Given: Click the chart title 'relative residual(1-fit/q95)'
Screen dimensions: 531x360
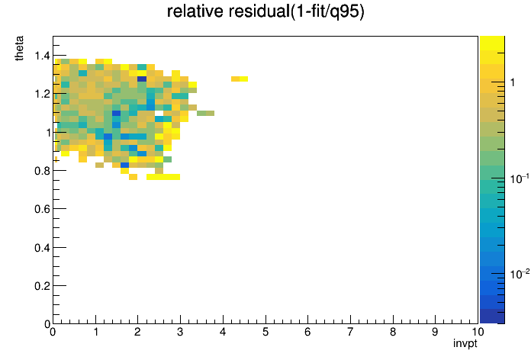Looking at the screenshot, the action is coord(265,11).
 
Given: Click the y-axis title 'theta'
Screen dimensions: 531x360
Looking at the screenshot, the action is coord(19,48).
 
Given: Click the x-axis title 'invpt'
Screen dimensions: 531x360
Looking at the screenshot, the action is coord(465,343).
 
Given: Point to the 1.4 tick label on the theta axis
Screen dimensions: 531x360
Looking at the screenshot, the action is coord(42,55).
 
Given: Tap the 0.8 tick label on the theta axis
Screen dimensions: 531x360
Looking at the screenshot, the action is coord(42,171).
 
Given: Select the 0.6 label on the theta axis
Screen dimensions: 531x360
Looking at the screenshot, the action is coord(42,209).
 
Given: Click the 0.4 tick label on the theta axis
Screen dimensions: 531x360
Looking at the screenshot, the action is coord(42,248).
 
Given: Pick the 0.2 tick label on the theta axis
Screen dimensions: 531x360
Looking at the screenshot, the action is coord(42,286).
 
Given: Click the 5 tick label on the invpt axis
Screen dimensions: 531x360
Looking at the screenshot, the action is coord(265,332).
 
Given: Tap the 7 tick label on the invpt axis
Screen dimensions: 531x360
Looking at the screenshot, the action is coord(350,332).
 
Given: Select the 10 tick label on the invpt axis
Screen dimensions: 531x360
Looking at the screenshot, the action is coord(478,332).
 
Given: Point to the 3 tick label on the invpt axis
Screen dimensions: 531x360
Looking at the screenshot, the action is coord(180,332).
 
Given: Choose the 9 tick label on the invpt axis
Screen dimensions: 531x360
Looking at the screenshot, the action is coord(435,332).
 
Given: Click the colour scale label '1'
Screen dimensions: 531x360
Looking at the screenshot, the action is coord(513,82).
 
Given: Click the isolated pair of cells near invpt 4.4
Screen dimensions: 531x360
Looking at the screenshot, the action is coord(240,79).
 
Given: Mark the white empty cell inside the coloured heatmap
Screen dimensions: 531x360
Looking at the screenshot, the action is coord(159,113).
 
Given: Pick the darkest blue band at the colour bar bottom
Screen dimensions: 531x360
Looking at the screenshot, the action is coord(492,317).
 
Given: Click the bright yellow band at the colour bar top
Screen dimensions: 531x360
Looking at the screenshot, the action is coord(492,43).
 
